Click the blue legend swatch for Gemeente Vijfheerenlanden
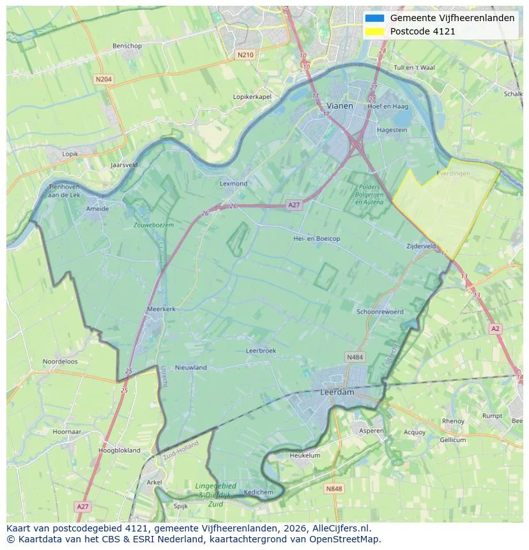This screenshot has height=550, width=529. tap(374, 19)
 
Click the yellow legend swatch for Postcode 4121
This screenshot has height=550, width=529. tap(374, 31)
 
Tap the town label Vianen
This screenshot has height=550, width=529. tap(339, 105)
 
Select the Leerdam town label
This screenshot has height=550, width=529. tap(337, 392)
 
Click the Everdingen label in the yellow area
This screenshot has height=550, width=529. tap(453, 173)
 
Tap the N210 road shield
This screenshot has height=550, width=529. tap(245, 55)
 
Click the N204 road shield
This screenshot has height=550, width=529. tap(103, 79)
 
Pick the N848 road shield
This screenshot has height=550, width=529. tap(333, 489)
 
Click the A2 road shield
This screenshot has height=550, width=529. tap(495, 328)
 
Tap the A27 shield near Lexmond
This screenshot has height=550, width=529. tap(293, 205)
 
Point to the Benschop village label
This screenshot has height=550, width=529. tap(126, 46)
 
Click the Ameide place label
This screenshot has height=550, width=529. tap(97, 208)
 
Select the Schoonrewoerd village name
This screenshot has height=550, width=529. tap(380, 312)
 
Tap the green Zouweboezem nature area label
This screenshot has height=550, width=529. tap(153, 225)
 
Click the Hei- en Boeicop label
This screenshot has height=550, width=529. tap(316, 238)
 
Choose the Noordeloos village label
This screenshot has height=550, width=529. tap(60, 362)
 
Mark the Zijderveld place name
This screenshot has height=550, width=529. tap(421, 246)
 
